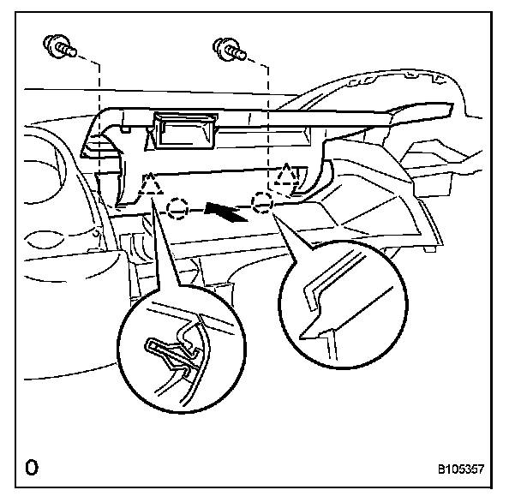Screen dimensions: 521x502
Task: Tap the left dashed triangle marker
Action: pyautogui.click(x=152, y=185)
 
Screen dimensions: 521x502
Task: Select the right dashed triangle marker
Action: pyautogui.click(x=287, y=178)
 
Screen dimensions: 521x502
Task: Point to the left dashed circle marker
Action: pyautogui.click(x=177, y=208)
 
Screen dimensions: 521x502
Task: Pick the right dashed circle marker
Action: pyautogui.click(x=261, y=202)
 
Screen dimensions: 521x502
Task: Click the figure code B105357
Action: pyautogui.click(x=461, y=469)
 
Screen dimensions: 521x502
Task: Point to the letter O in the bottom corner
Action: pyautogui.click(x=32, y=468)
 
